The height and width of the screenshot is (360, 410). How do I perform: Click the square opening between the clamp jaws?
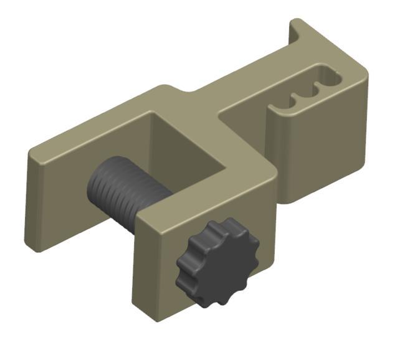187,149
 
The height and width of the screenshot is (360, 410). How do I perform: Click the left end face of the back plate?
32,199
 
